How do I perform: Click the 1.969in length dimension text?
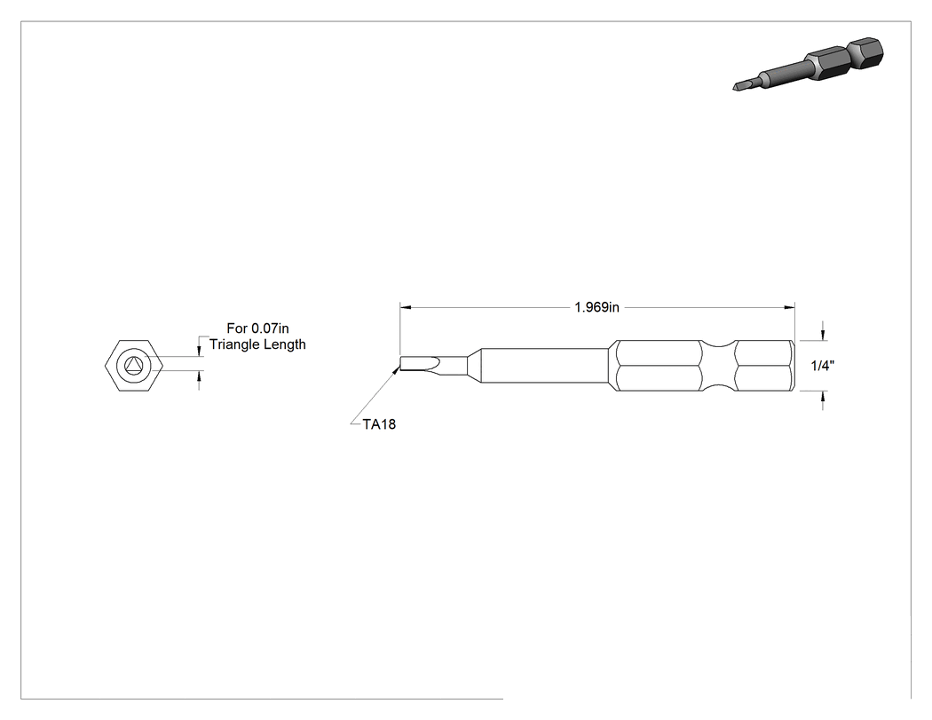point(596,307)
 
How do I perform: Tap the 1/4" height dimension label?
point(823,366)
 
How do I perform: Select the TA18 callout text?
point(379,424)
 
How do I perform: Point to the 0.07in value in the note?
point(270,328)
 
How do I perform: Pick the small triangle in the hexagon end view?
point(133,365)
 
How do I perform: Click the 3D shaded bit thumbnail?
point(809,64)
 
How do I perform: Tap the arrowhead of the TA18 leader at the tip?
point(397,370)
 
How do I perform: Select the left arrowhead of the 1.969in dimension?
point(406,307)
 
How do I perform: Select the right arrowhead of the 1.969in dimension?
point(789,307)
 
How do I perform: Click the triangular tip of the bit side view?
point(420,365)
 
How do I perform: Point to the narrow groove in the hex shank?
point(718,366)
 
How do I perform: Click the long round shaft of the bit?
point(544,365)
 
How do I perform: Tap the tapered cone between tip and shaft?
point(473,365)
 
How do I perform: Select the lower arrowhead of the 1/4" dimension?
point(823,397)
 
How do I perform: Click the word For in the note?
point(237,328)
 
